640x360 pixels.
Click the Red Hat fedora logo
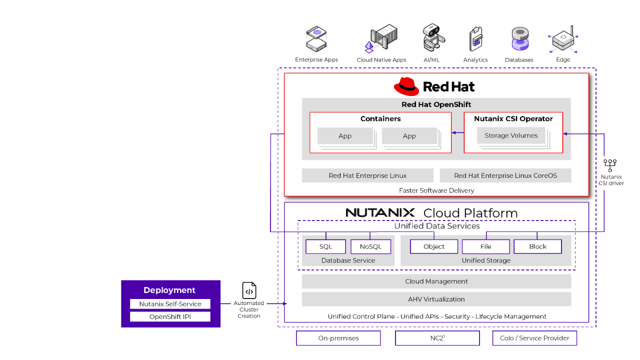point(406,86)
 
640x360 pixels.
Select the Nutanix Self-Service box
point(170,304)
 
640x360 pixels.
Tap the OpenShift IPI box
point(170,317)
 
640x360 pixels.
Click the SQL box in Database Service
point(325,246)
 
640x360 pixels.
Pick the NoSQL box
point(370,246)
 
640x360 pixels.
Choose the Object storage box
point(434,246)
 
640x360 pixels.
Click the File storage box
point(485,246)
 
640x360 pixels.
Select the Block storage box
point(537,246)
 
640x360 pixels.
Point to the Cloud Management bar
point(436,281)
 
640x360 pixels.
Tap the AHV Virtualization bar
point(436,299)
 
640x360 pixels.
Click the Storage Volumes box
point(511,135)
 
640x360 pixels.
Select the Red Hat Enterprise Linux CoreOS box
point(505,175)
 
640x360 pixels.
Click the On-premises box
point(338,338)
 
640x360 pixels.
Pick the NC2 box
point(437,338)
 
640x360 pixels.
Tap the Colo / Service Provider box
point(534,338)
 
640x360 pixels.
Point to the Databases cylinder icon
point(520,39)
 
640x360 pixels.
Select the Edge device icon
point(563,40)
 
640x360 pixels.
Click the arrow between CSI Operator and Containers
point(457,132)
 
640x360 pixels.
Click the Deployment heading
point(169,290)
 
